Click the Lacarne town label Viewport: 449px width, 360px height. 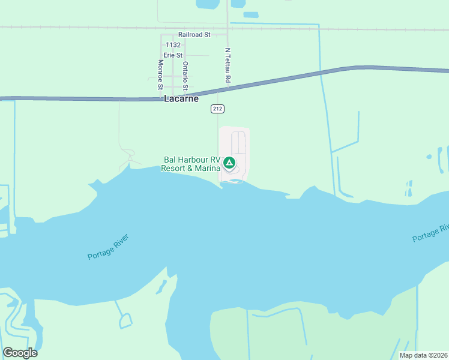(x=181, y=98)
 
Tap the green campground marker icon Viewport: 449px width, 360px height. (x=229, y=163)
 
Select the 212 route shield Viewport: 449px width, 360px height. (x=218, y=108)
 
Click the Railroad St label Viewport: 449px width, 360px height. (x=194, y=35)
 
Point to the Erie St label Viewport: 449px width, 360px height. (x=172, y=55)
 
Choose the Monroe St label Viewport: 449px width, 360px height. (x=160, y=74)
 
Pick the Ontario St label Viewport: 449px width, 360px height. (x=185, y=76)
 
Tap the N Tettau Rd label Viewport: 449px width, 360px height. (x=228, y=66)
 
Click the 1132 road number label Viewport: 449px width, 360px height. (x=173, y=45)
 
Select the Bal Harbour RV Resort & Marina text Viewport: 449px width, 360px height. (x=191, y=164)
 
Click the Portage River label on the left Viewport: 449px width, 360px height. (x=108, y=247)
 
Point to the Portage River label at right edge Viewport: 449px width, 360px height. (x=430, y=233)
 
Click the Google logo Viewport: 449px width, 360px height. (x=20, y=353)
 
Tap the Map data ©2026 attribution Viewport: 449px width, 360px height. (x=423, y=355)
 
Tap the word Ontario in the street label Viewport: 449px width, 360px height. (x=185, y=71)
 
